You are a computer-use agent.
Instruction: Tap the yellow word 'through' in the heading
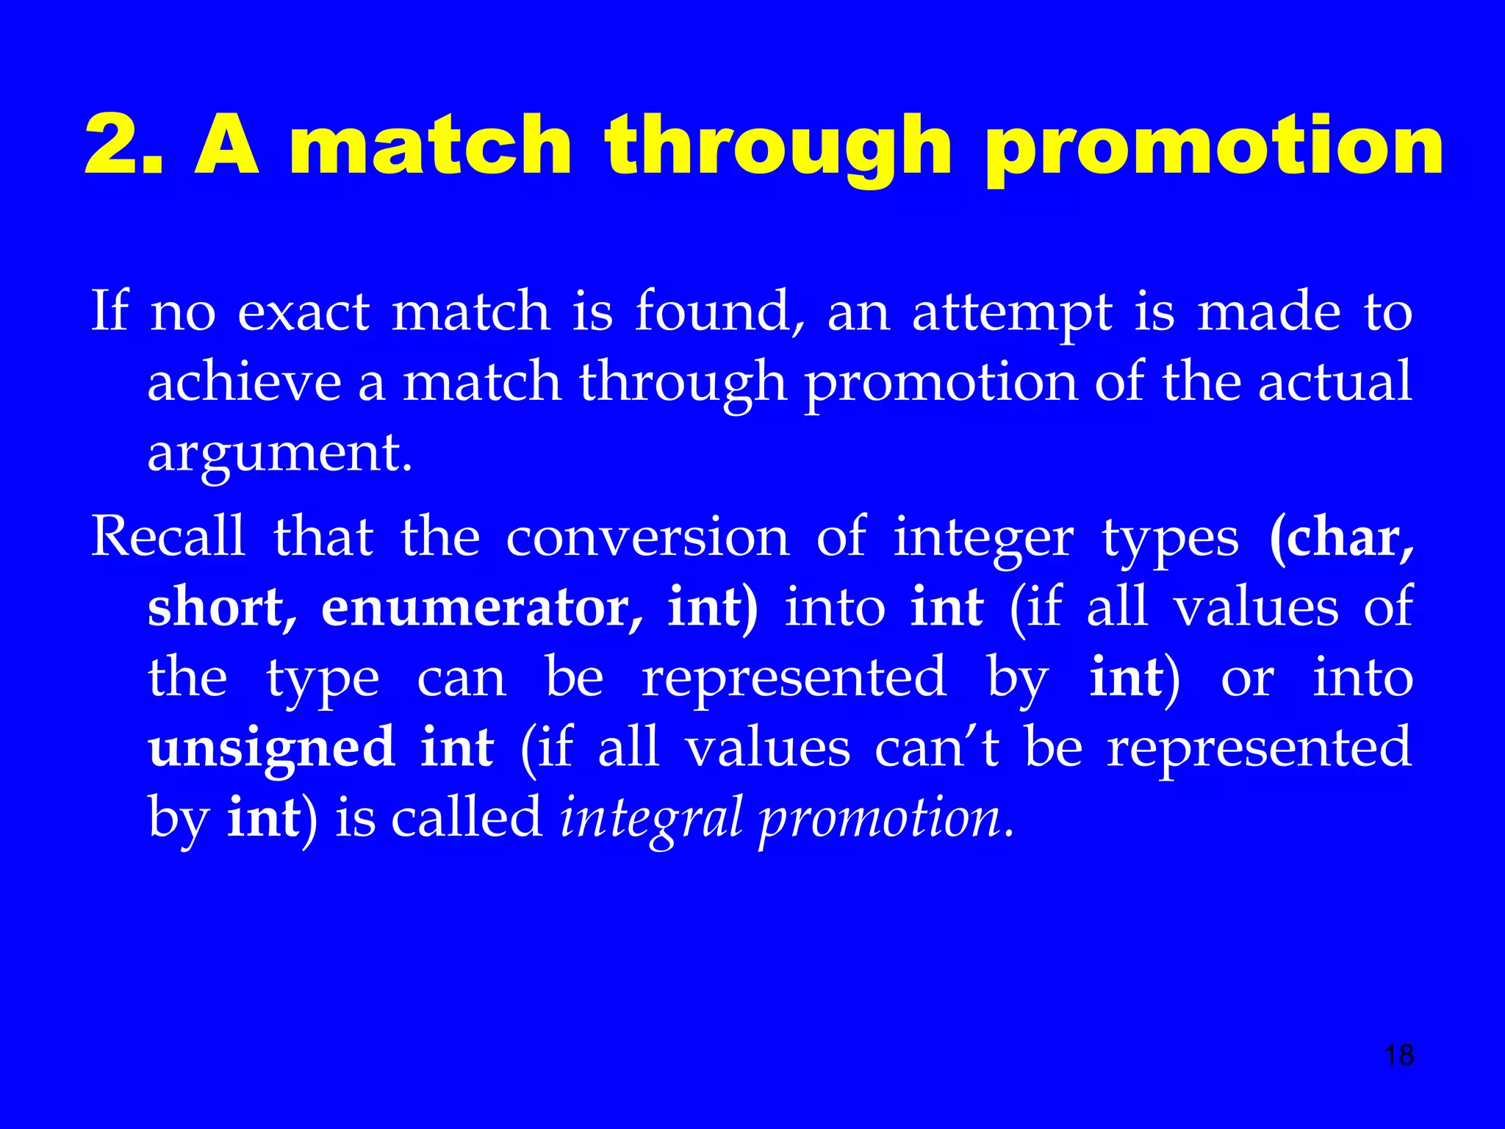coord(778,147)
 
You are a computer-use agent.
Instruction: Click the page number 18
coord(1398,1055)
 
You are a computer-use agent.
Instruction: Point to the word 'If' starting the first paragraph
coord(109,311)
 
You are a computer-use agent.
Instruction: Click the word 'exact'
coord(303,312)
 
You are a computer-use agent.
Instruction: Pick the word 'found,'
coord(719,312)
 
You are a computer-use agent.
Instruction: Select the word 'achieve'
coord(244,382)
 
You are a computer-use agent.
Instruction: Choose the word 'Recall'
coord(168,537)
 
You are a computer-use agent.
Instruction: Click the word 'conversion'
coord(647,537)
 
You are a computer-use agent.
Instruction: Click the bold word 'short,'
coord(223,608)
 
